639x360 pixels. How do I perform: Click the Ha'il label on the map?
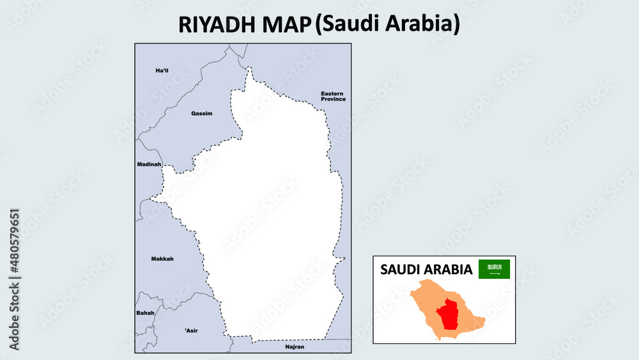tap(162, 70)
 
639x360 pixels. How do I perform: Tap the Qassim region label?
tap(201, 113)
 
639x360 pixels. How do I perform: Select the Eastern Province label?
tap(333, 97)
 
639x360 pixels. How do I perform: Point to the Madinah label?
tap(149, 164)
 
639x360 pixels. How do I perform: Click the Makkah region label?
tap(162, 259)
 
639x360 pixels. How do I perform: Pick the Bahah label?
tap(146, 313)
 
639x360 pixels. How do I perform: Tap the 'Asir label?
tap(191, 331)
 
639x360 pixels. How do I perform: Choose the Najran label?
tap(295, 347)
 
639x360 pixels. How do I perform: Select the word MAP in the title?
tap(285, 24)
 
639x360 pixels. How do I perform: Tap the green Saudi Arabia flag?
tap(495, 269)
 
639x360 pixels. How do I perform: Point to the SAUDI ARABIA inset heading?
tap(426, 270)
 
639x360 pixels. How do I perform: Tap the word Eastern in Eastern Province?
tap(333, 93)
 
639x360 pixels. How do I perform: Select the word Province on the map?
tap(334, 100)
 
